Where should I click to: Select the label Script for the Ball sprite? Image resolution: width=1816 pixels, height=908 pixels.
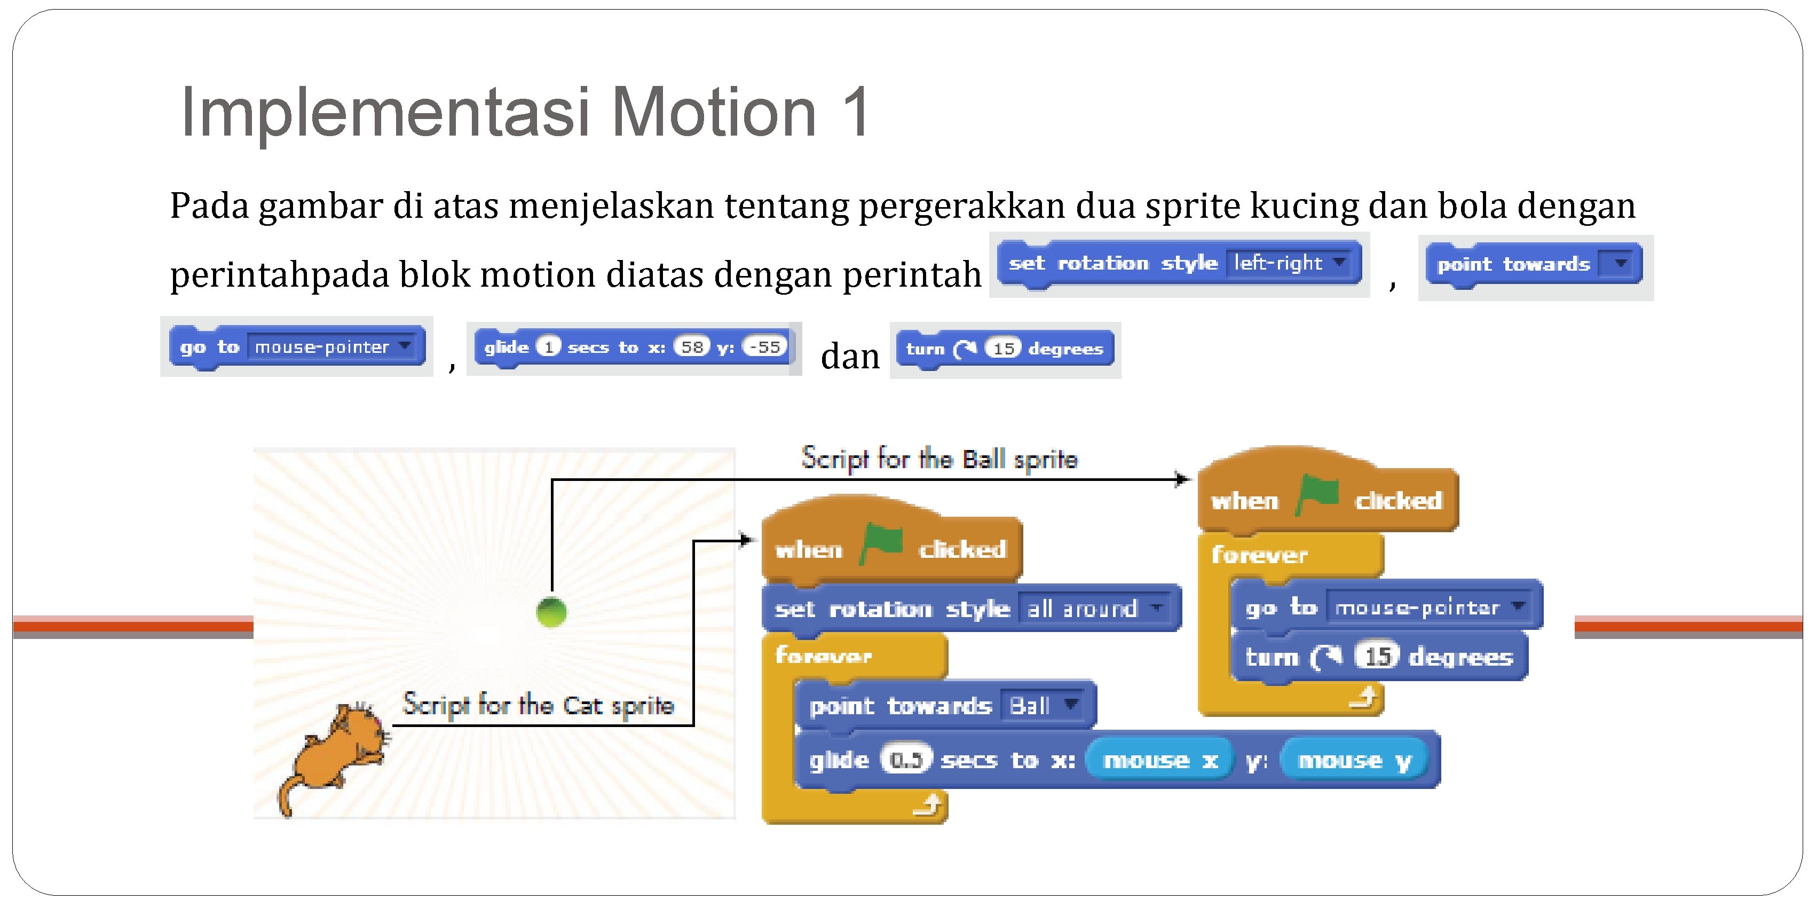tap(939, 460)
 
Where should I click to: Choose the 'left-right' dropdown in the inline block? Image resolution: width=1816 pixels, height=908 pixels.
tap(1289, 263)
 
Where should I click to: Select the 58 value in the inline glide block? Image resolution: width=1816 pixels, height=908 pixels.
tap(692, 347)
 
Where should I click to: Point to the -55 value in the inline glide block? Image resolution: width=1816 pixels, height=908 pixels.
tap(765, 347)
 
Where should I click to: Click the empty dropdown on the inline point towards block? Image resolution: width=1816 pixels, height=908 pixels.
tap(1620, 264)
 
